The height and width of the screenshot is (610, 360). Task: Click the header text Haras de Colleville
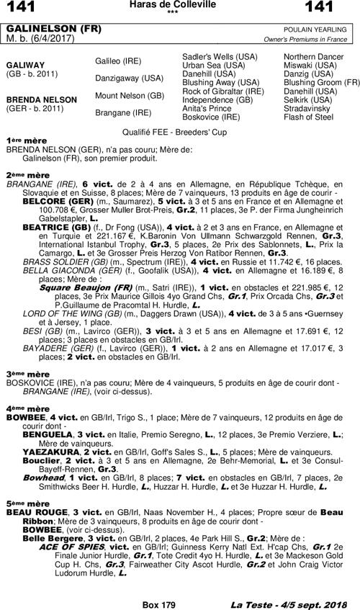coord(180,5)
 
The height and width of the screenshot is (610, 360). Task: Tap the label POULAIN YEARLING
coord(323,28)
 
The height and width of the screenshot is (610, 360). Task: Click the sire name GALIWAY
coord(27,63)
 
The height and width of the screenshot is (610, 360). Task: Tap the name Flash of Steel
coord(308,116)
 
